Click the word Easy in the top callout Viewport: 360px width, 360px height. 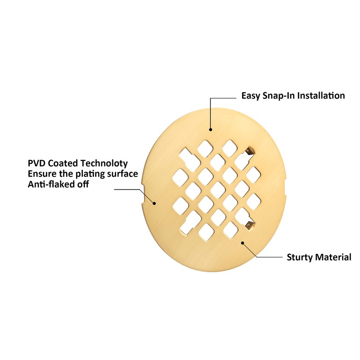pos(251,96)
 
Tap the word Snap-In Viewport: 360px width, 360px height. pos(279,96)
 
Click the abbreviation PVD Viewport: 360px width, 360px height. pos(36,163)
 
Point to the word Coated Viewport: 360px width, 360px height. pos(63,163)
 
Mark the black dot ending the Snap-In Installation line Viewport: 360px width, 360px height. pos(210,130)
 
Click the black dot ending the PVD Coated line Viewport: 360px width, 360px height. pos(154,203)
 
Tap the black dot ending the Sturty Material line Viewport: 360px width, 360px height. pos(243,243)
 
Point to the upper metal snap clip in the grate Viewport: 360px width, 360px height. pos(249,152)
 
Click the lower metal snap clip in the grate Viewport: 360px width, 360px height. pos(249,225)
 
